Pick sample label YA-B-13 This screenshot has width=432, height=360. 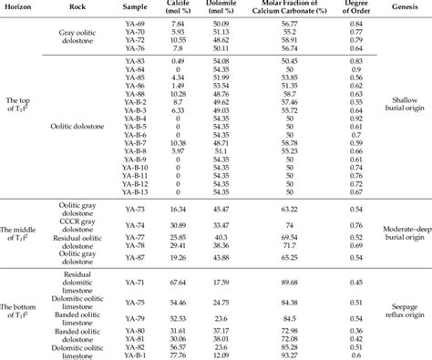pyautogui.click(x=134, y=192)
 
